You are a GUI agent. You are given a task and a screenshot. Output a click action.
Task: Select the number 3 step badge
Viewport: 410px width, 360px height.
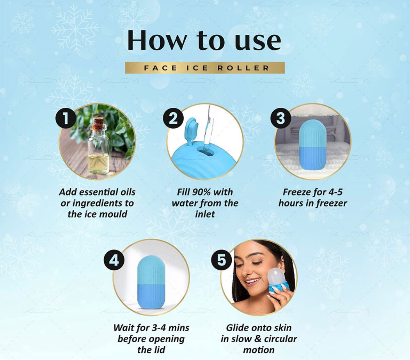pos(281,118)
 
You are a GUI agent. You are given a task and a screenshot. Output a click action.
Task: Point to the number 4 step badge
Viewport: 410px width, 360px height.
pos(114,260)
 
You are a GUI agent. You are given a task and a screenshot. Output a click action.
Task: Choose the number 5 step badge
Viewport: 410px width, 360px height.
pos(222,260)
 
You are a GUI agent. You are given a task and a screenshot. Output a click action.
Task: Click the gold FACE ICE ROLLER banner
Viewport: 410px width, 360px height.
pos(205,68)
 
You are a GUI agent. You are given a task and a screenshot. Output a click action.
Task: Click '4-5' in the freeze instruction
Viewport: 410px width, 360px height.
pos(332,192)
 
